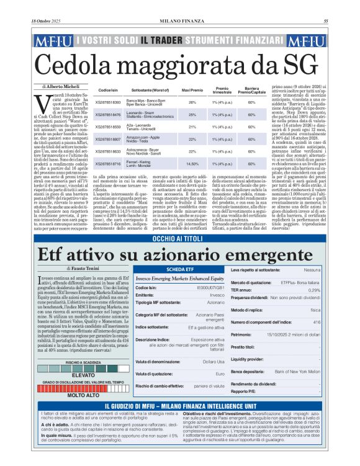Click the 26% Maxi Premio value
point(192,102)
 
